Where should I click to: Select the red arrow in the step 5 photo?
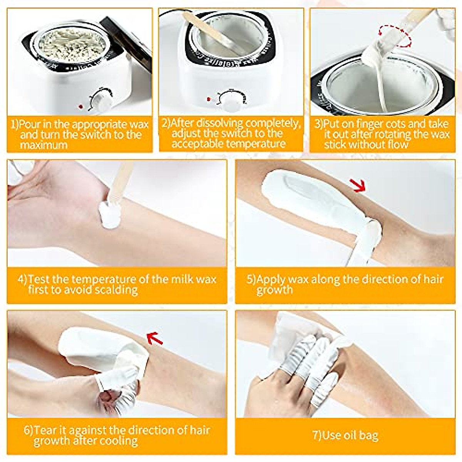click(x=359, y=186)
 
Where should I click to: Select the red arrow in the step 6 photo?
click(x=155, y=338)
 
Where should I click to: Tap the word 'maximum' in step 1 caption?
click(x=44, y=145)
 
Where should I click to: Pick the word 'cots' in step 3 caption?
click(x=388, y=124)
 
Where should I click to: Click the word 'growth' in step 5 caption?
click(x=275, y=290)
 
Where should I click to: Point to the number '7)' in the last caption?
click(x=316, y=435)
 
